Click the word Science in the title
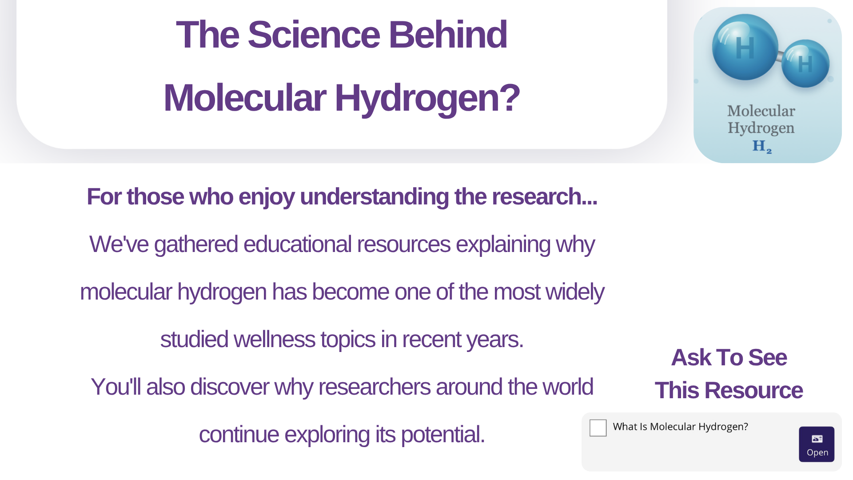point(314,35)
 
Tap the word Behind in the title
point(448,35)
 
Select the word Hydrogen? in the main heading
point(427,99)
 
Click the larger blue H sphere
point(745,47)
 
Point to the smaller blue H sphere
point(805,64)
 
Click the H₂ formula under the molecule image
point(762,146)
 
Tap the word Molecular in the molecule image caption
point(761,111)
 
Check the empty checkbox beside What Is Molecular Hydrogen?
point(598,428)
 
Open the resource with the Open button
point(817,444)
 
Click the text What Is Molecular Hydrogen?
point(680,427)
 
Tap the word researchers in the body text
point(375,387)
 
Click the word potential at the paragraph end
point(443,435)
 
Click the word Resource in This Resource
point(753,391)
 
